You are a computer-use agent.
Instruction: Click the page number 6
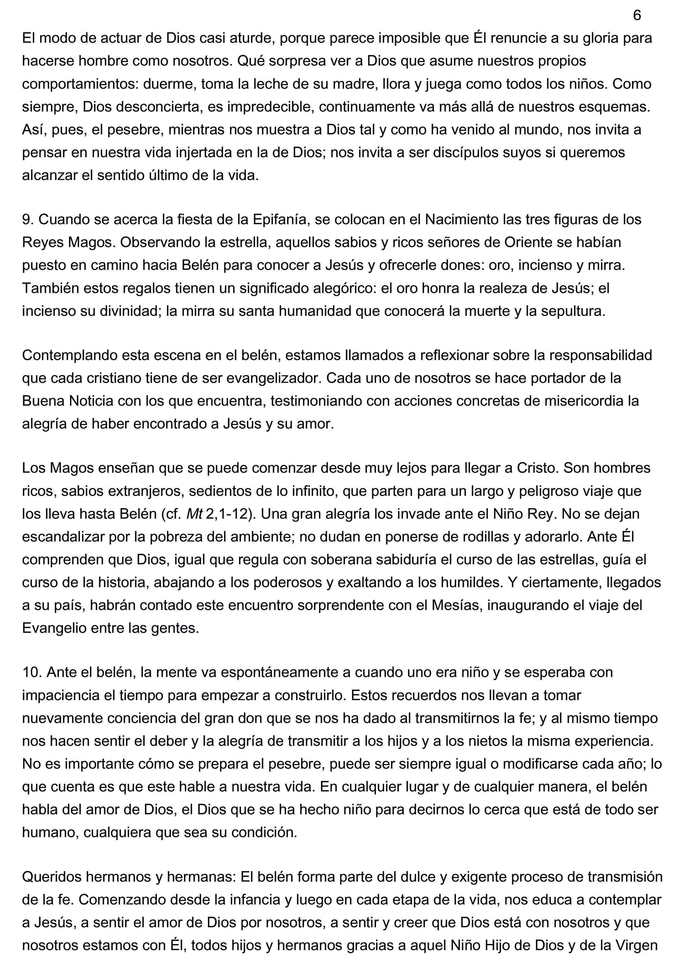637,16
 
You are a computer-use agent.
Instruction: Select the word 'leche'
271,84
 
